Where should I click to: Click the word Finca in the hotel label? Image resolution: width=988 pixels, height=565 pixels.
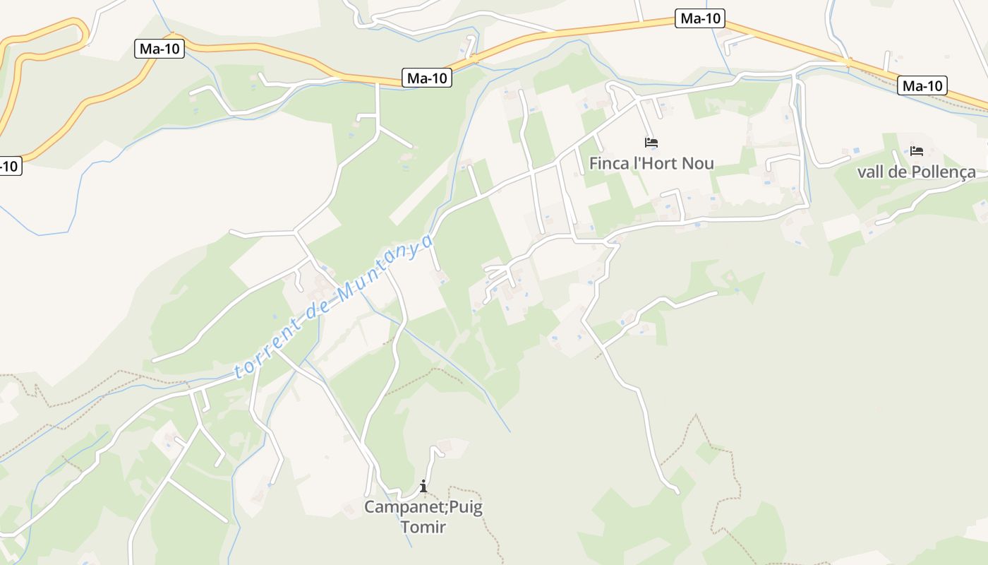609,164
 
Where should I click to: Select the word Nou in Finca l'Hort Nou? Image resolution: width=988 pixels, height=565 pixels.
699,164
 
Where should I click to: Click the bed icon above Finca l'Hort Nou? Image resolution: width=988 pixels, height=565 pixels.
651,143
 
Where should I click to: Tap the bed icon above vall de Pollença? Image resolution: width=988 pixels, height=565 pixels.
917,151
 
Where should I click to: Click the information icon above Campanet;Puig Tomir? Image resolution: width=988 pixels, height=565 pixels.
423,486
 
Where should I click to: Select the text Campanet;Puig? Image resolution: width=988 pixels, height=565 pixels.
423,507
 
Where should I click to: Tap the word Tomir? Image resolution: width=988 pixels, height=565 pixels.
423,526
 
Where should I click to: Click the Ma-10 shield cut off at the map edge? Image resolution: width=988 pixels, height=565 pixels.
9,167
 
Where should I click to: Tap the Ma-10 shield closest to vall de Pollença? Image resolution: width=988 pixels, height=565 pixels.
922,86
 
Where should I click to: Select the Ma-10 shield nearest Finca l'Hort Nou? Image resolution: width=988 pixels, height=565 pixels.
699,18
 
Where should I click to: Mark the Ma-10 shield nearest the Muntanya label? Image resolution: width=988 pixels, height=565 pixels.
427,78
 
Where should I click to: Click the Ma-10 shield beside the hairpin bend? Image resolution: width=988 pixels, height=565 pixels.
159,49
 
